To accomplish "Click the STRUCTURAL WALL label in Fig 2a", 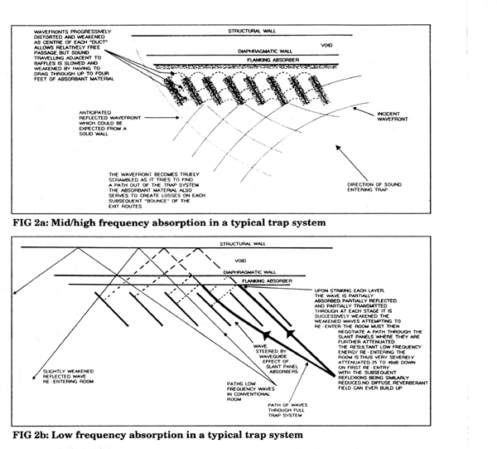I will [x=253, y=31].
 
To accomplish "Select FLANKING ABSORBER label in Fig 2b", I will [x=260, y=280].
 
